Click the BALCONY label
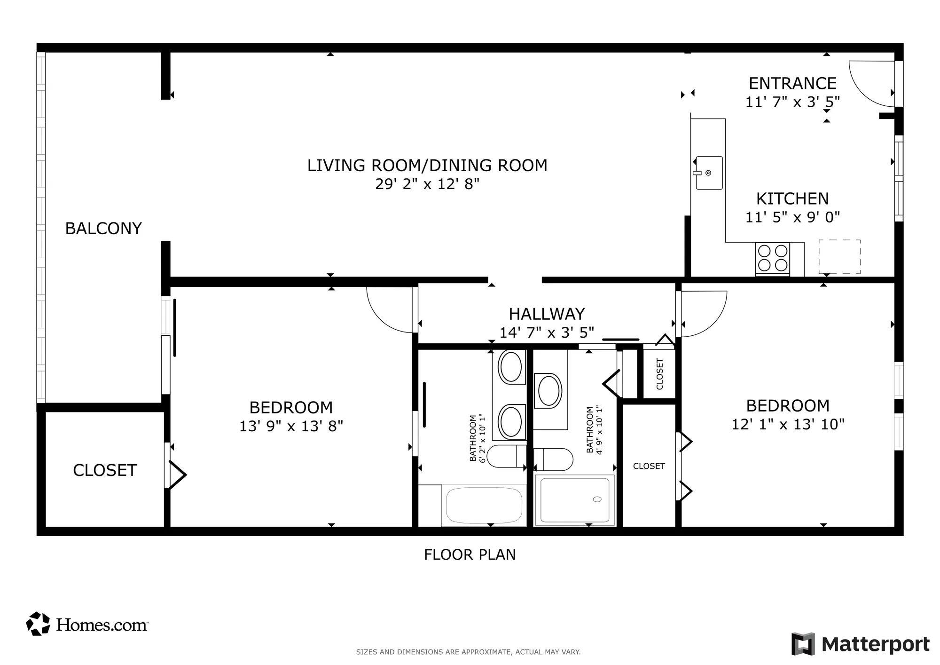click(103, 229)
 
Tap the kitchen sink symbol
click(709, 173)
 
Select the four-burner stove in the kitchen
click(772, 258)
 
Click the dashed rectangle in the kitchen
click(839, 257)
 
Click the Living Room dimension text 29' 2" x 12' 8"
click(427, 184)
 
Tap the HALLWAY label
click(547, 314)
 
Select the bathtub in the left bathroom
click(484, 505)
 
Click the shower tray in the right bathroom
click(574, 500)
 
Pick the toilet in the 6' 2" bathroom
click(506, 456)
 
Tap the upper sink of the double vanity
click(510, 367)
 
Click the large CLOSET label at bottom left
click(104, 470)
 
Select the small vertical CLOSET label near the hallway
click(659, 374)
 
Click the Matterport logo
click(860, 644)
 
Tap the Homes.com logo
click(87, 624)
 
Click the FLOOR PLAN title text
click(470, 555)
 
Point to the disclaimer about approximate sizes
click(468, 652)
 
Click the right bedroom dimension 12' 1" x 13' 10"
click(788, 424)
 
